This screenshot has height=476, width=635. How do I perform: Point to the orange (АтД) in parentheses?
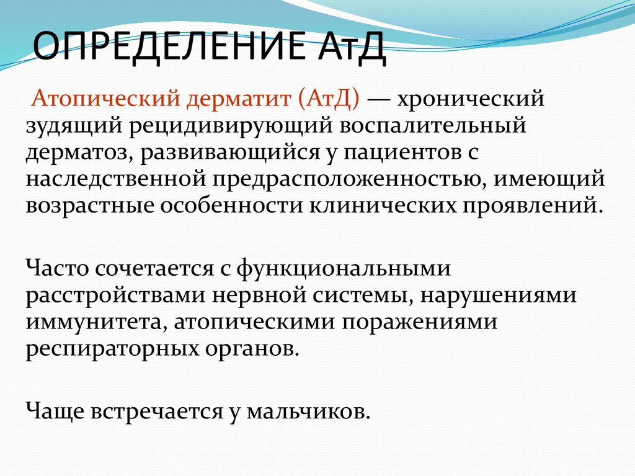coord(330,99)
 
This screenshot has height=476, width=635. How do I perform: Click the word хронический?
coord(471,99)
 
